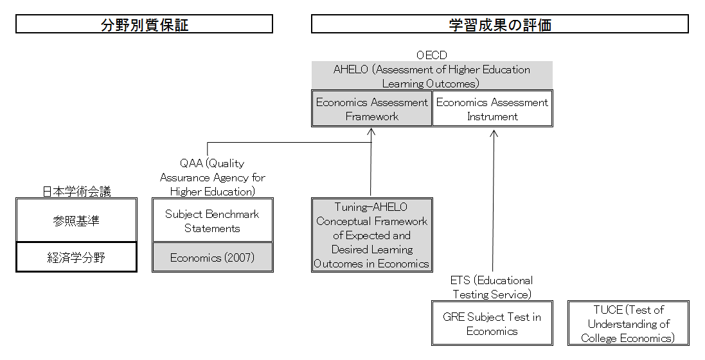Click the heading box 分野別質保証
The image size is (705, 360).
(145, 24)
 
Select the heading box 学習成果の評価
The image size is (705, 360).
(499, 24)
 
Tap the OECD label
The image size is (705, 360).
(432, 55)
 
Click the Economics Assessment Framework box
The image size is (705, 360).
(372, 109)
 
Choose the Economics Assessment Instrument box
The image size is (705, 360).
(492, 109)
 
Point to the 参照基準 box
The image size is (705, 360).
(76, 220)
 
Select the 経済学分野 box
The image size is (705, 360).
(76, 257)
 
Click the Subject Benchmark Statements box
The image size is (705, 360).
(213, 220)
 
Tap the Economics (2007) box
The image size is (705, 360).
(213, 257)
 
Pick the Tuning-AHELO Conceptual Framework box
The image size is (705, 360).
(372, 235)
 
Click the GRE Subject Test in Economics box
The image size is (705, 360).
(492, 323)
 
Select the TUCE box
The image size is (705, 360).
(629, 323)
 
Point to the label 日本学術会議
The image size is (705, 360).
(76, 192)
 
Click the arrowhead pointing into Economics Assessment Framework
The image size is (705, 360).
(371, 132)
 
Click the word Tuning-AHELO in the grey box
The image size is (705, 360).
(371, 207)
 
